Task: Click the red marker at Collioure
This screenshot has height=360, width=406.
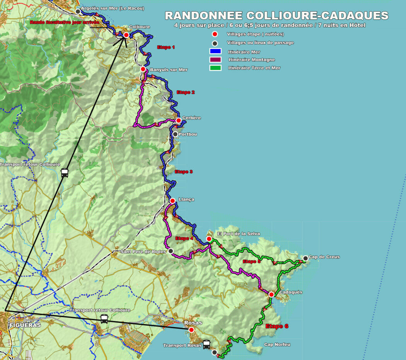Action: click(126, 35)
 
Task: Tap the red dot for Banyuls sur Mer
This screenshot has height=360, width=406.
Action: click(143, 69)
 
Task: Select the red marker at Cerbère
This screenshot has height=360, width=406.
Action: click(178, 120)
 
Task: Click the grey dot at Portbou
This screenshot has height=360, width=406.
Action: click(175, 134)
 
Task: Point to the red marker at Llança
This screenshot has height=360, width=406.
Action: click(172, 200)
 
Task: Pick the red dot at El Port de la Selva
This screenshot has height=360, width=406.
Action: click(209, 239)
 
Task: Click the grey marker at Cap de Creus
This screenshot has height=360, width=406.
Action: click(305, 258)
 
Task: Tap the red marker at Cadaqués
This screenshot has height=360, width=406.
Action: click(271, 294)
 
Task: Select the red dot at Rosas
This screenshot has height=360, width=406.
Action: click(191, 329)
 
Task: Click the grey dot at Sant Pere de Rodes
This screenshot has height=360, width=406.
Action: click(171, 251)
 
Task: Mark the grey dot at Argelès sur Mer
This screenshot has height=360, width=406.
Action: click(78, 11)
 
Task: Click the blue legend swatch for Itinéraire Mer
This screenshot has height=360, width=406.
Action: click(215, 51)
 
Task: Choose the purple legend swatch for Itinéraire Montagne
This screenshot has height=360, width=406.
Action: click(215, 60)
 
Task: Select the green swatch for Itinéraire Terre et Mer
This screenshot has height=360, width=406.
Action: click(215, 68)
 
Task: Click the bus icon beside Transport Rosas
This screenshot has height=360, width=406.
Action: click(206, 344)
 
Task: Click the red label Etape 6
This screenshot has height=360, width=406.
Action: click(277, 326)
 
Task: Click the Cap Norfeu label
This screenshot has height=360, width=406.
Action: click(277, 344)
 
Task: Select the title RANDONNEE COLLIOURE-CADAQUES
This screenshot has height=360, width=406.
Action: click(276, 15)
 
